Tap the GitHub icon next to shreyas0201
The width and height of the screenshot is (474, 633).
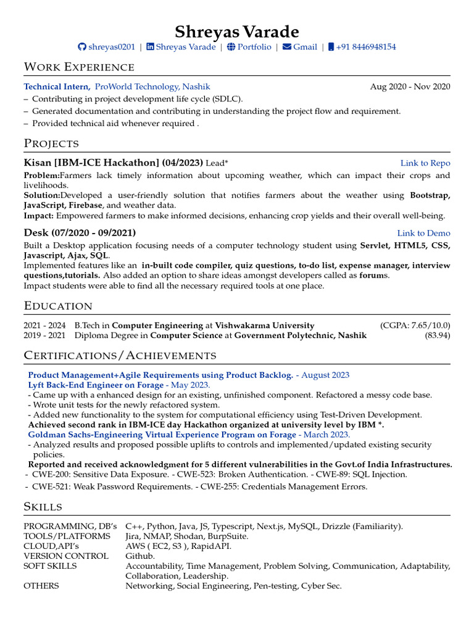82,48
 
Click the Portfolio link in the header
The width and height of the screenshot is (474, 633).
254,47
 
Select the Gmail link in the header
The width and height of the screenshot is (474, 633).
305,47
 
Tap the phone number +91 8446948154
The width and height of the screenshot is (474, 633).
366,47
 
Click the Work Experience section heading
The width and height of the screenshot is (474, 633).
79,67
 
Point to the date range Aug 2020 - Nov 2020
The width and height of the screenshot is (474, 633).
410,87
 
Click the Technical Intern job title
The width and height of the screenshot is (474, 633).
57,87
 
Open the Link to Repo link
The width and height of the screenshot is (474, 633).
425,163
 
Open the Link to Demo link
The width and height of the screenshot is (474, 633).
423,233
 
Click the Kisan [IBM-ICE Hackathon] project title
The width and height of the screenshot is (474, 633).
113,163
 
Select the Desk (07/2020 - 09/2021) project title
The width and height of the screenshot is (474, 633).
80,233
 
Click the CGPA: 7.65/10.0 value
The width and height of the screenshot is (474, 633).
415,325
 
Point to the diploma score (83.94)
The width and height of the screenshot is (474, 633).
437,335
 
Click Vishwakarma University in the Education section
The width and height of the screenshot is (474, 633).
264,325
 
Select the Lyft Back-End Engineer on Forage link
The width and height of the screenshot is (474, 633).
96,384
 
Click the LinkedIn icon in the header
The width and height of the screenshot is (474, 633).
150,48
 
